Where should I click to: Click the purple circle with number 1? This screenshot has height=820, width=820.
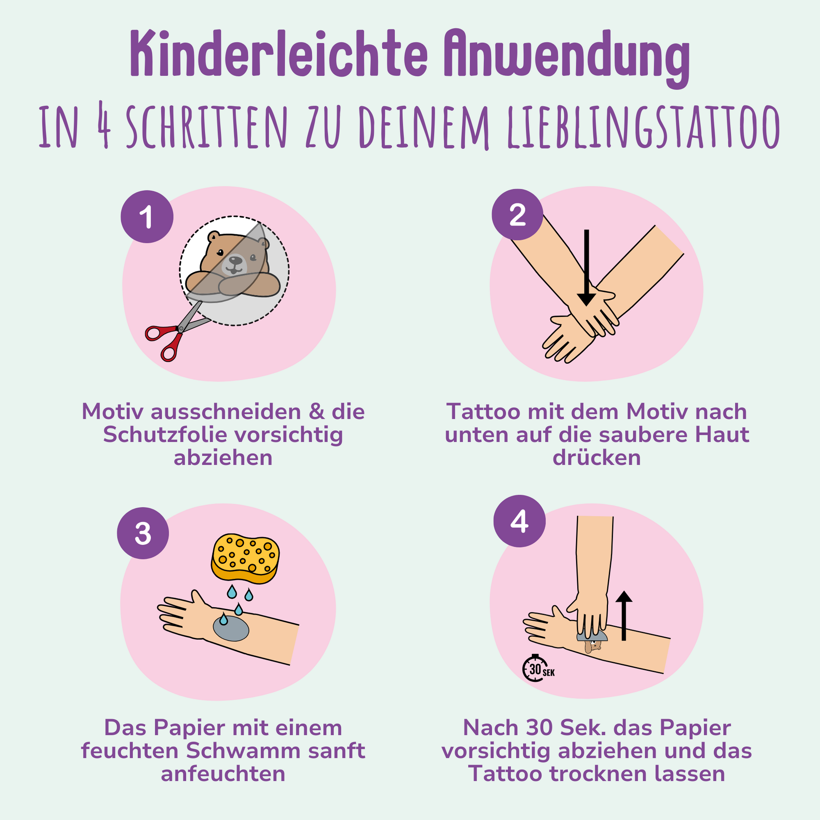(147, 217)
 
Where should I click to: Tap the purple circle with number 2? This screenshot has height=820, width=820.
(517, 214)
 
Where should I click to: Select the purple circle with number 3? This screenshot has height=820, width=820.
(143, 533)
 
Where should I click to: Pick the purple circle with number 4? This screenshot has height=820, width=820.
(519, 521)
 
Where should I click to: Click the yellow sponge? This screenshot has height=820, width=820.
(245, 558)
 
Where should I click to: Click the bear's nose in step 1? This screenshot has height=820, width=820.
(234, 259)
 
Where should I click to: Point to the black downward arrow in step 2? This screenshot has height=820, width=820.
(587, 268)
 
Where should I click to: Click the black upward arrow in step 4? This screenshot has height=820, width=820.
(624, 616)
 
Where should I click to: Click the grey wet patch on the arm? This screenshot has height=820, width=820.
(231, 628)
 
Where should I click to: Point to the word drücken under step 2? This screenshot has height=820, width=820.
(597, 458)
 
